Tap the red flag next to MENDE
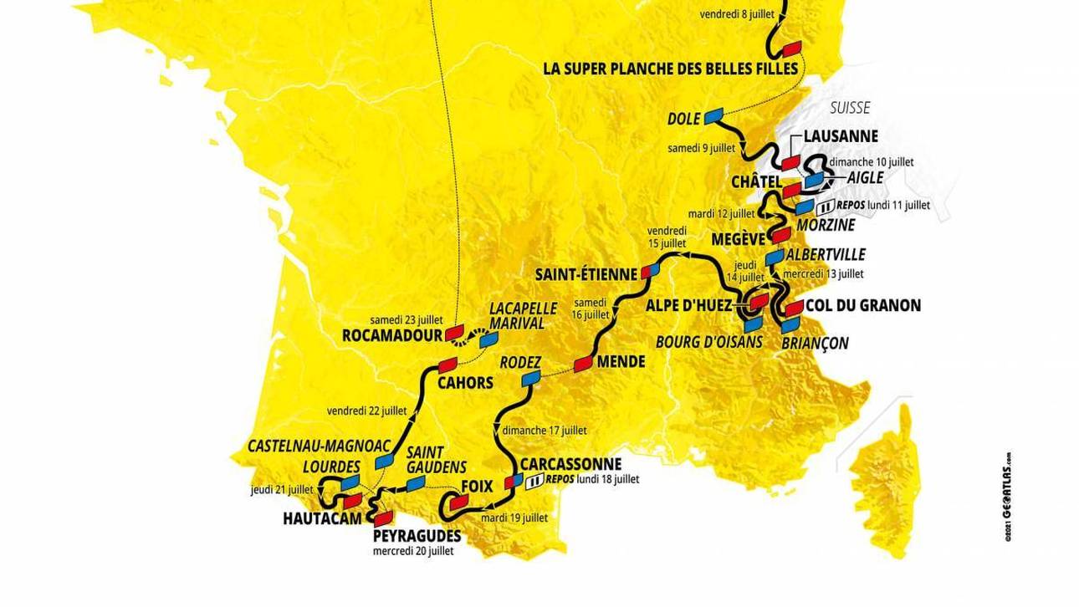(x=584, y=364)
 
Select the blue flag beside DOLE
(x=713, y=115)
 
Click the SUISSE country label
(x=850, y=108)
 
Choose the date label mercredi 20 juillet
(x=413, y=551)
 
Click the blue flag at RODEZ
(x=529, y=380)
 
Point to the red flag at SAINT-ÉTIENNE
(x=650, y=273)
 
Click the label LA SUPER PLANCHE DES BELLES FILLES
(x=670, y=68)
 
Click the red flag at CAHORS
(x=447, y=365)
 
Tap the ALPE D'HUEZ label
(x=690, y=305)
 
